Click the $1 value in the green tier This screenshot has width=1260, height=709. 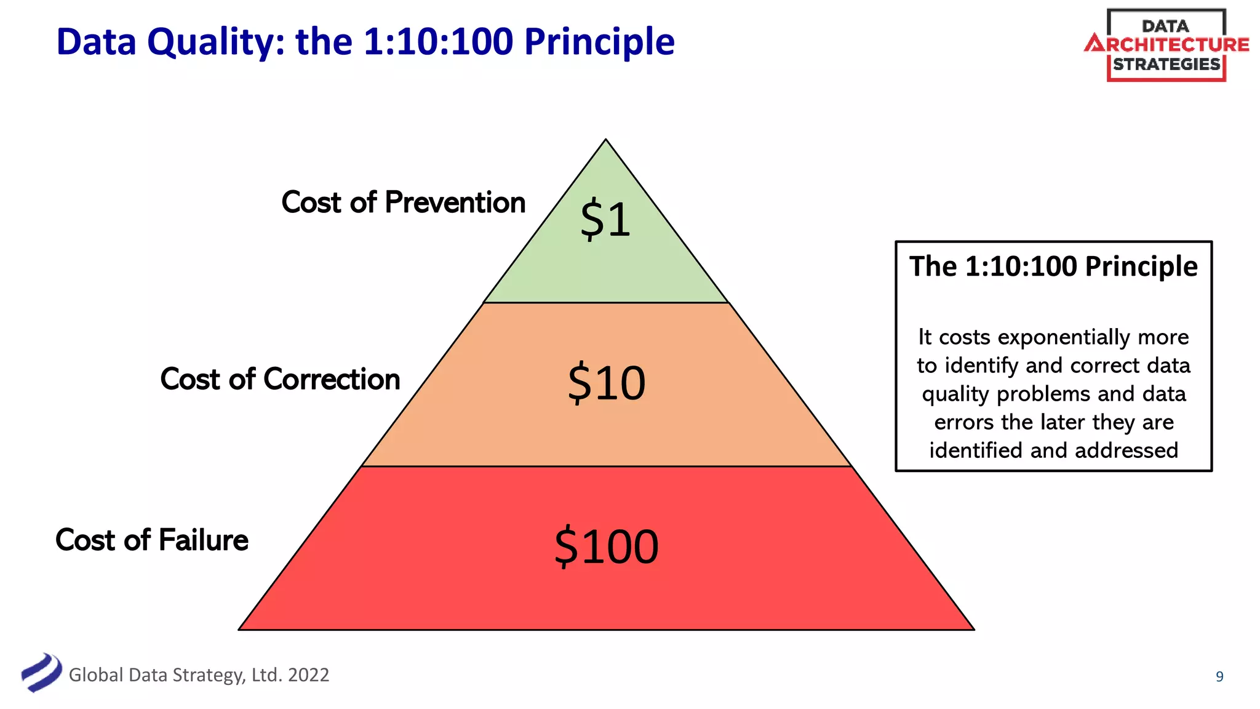point(605,220)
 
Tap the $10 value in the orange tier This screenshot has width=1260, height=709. point(606,383)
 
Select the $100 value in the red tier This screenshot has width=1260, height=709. point(606,547)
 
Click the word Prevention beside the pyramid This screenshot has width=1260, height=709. point(455,202)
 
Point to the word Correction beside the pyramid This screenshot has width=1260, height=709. point(332,379)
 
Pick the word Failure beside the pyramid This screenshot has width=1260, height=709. point(203,540)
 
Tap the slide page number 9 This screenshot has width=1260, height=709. point(1219,677)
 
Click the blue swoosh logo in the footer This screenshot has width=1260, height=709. point(41,672)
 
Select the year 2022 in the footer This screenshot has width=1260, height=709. point(308,675)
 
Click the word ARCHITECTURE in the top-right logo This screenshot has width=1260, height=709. point(1166,45)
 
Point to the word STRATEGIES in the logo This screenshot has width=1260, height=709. point(1166,65)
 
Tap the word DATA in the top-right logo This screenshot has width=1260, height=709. point(1165,26)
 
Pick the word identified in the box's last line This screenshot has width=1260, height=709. point(976,451)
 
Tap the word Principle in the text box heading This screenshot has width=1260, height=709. point(1141,266)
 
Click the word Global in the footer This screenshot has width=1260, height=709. point(96,675)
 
